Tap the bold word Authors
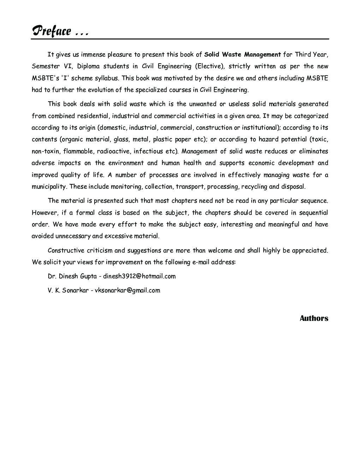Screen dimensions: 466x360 314,318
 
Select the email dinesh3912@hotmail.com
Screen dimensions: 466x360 139,276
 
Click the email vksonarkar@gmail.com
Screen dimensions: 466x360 127,290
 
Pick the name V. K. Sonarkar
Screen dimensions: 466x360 68,290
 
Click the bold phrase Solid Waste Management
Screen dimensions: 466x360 243,54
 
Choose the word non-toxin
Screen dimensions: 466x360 46,151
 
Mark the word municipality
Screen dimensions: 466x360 49,186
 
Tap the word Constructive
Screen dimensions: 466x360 66,250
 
